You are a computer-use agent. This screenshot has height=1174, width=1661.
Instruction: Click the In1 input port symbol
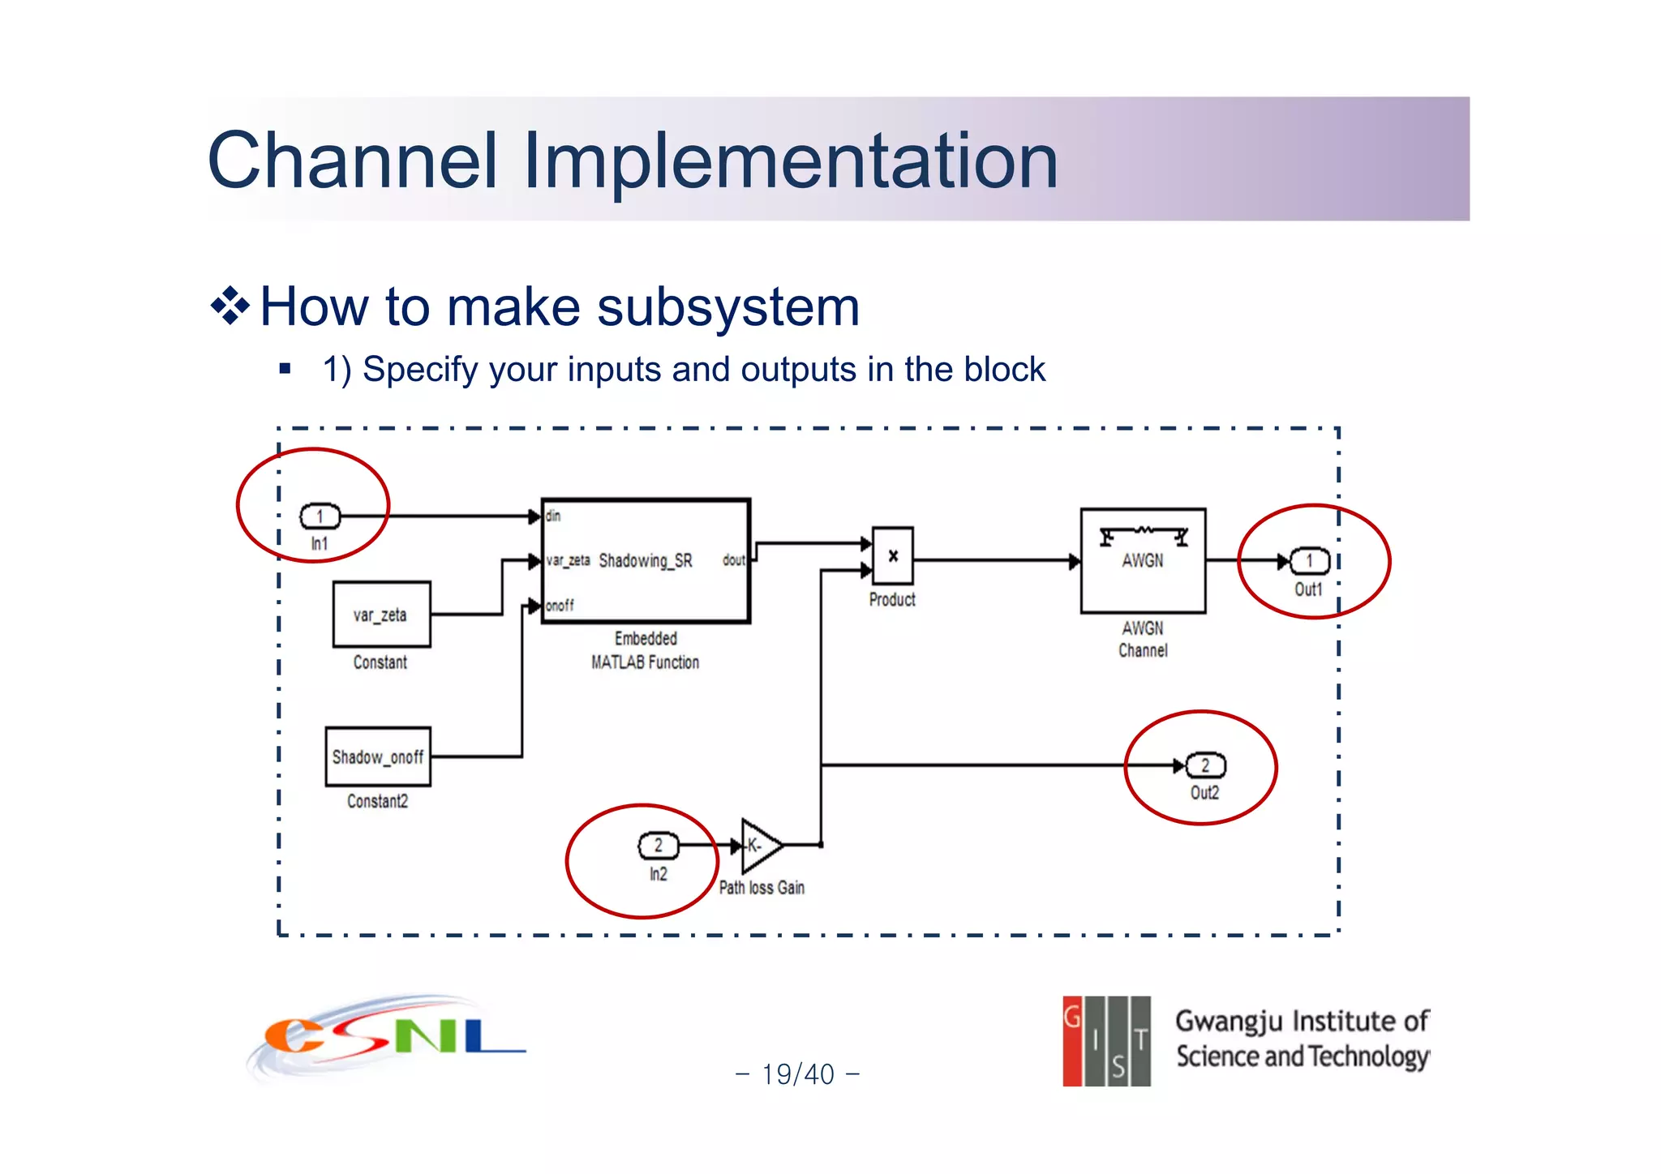coord(320,516)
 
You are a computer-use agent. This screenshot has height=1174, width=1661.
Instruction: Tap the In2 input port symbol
coord(658,846)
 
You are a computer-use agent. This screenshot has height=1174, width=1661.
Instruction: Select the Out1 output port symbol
coord(1309,561)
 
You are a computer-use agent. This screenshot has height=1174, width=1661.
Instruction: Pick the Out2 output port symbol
coord(1205,765)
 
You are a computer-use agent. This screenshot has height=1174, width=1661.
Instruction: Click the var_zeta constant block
coord(381,615)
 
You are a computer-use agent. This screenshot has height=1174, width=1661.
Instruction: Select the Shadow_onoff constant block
coord(378,756)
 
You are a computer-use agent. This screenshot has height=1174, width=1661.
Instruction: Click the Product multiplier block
coord(892,556)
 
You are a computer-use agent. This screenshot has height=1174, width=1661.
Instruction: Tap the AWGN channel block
coord(1143,561)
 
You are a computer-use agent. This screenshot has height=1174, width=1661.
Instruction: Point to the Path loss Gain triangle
coord(759,846)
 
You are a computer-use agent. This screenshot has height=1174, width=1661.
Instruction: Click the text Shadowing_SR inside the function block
coord(646,561)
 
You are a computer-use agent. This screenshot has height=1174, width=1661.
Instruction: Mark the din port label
coord(553,516)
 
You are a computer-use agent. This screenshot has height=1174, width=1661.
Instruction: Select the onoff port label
coord(560,606)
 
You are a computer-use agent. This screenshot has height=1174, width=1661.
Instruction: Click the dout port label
coord(733,560)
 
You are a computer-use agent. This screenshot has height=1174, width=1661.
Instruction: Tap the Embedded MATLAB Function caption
coord(646,650)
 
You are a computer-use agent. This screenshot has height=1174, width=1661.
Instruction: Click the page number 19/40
coord(797,1074)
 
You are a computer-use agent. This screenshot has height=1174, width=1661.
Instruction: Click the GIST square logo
coord(1106,1041)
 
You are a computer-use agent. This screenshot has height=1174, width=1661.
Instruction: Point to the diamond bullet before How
coord(230,306)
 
